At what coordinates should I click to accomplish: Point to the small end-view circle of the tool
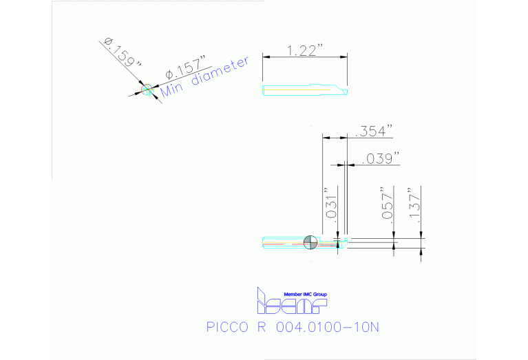click(146, 89)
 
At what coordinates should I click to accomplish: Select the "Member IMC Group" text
click(306, 294)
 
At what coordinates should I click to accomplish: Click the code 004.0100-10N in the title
click(326, 327)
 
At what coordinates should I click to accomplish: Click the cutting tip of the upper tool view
click(346, 90)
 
